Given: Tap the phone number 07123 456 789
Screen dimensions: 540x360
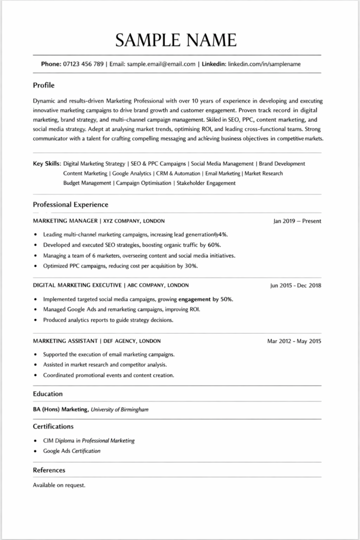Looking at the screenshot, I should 83,64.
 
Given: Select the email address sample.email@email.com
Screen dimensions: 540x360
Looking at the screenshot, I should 160,64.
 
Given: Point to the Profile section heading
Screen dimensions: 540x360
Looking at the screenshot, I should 44,85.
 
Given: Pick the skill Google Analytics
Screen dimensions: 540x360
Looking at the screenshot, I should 132,173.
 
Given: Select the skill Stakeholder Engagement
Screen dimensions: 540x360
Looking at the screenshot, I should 206,183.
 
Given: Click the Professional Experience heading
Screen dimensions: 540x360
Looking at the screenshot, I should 71,204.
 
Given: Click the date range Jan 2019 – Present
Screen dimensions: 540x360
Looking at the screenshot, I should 297,221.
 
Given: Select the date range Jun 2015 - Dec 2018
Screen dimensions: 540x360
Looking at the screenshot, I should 295,285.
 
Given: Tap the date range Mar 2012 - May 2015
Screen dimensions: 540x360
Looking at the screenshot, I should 294,341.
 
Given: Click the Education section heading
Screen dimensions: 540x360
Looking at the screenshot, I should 48,393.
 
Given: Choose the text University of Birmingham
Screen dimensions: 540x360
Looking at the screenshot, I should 120,409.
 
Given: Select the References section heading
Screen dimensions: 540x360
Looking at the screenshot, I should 49,470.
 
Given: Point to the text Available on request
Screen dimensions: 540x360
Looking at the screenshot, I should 59,485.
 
